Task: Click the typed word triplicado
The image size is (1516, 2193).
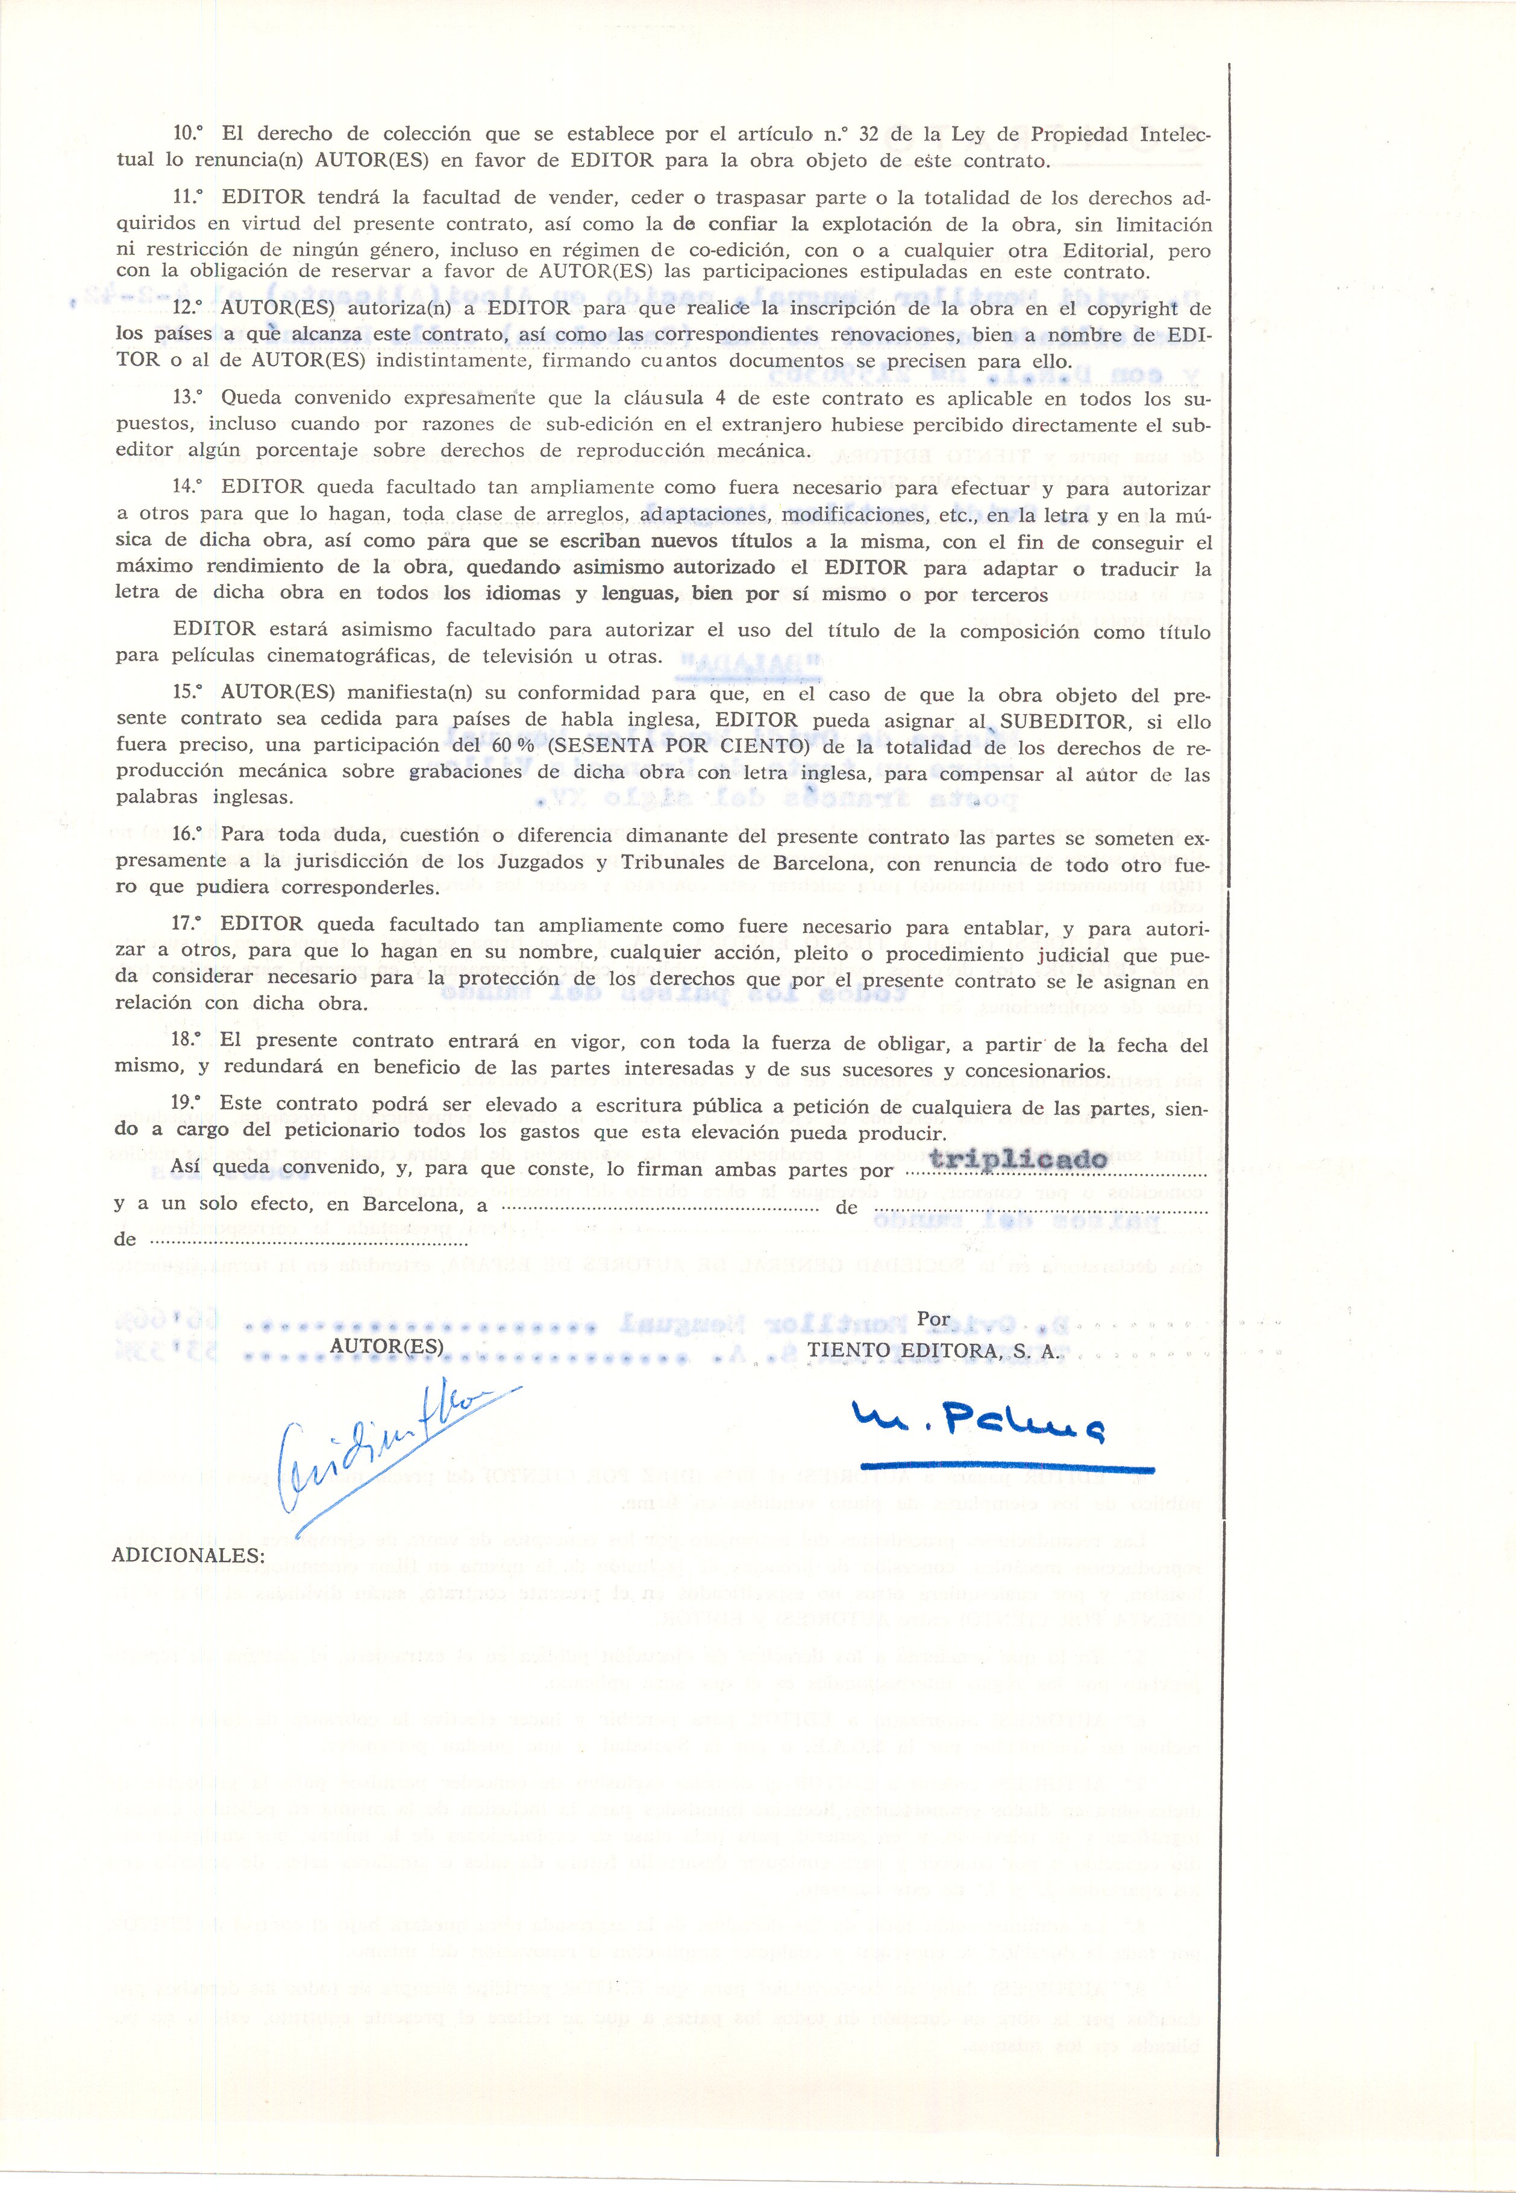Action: click(x=1018, y=1159)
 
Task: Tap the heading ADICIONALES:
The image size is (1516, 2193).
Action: click(x=188, y=1555)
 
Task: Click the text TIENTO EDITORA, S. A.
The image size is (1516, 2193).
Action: click(x=934, y=1349)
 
